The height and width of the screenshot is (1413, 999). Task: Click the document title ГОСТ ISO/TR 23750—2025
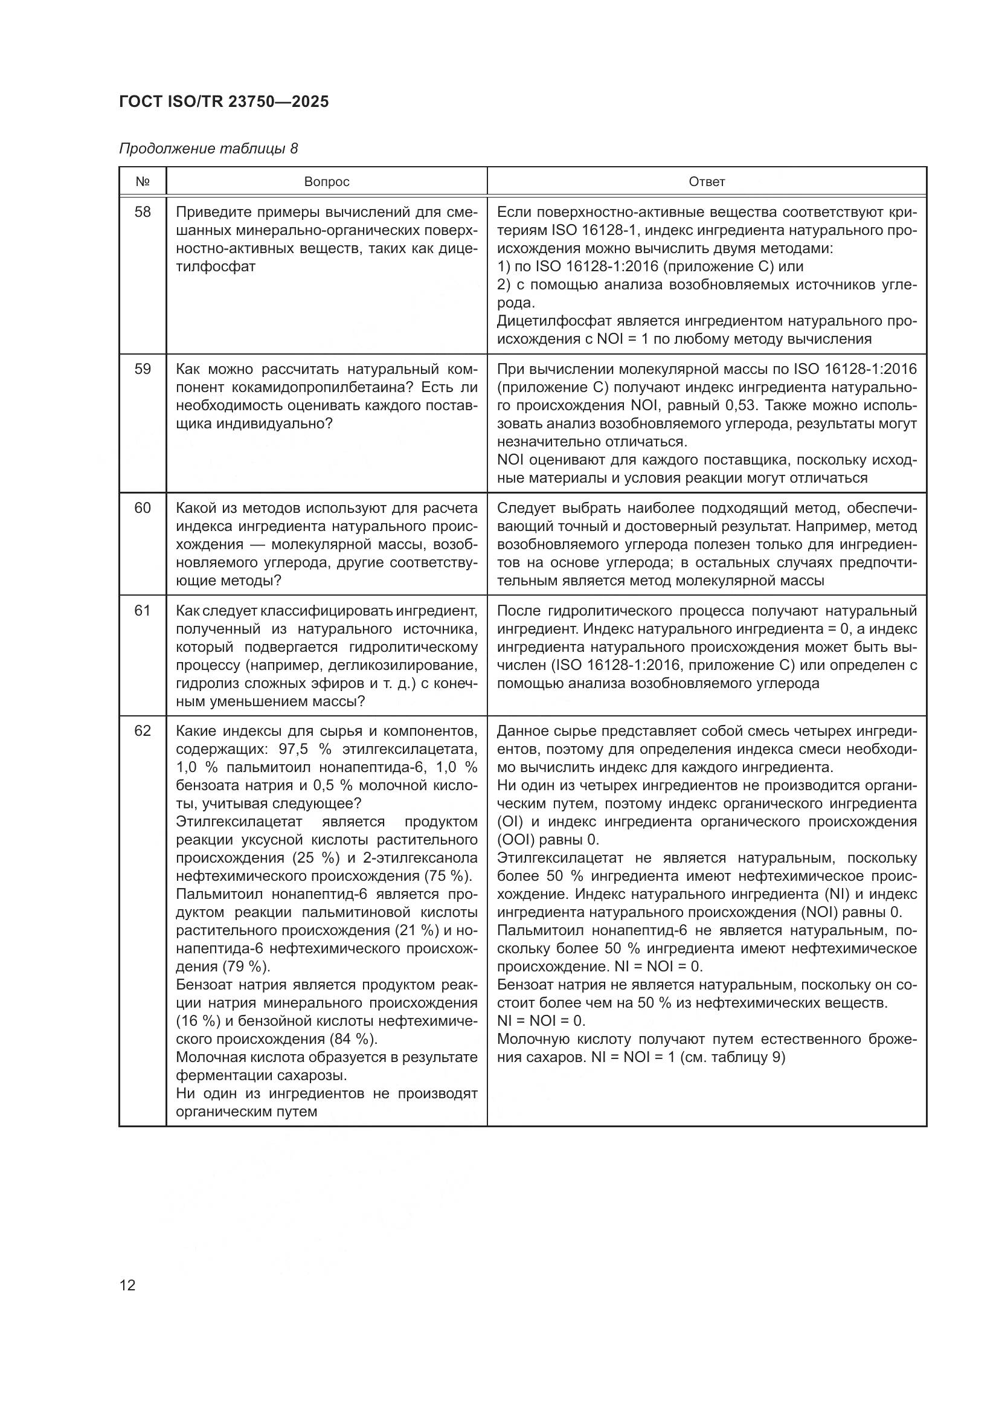pos(224,101)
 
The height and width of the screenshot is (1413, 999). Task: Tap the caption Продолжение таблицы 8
pos(208,149)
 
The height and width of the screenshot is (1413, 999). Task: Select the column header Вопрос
pos(327,182)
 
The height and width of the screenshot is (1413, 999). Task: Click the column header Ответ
pos(707,182)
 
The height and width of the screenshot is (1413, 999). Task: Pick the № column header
pos(142,182)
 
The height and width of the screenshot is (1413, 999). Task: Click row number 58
pos(142,212)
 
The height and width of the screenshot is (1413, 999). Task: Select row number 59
pos(142,369)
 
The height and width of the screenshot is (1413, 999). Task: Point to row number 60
pos(142,508)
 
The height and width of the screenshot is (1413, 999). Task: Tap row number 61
pos(142,611)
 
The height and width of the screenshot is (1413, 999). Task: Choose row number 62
pos(142,731)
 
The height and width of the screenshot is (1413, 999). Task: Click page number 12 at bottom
pos(127,1285)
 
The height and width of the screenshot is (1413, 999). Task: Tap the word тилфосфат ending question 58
pos(215,266)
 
